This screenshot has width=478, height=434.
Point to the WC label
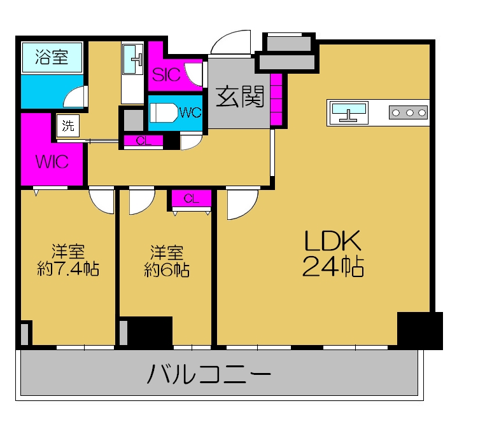[190, 112]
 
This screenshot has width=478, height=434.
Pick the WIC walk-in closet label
[52, 161]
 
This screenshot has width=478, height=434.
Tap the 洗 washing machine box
[67, 125]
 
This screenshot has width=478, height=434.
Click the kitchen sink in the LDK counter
[349, 112]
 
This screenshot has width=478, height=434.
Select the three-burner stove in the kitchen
[407, 112]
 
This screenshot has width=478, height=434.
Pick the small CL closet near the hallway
[144, 141]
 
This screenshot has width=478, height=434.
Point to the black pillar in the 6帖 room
[150, 331]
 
